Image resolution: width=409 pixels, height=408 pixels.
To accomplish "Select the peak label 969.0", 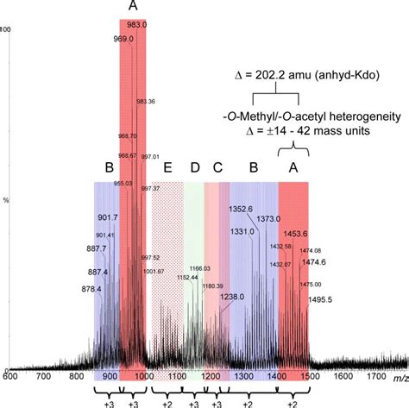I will coord(123,39).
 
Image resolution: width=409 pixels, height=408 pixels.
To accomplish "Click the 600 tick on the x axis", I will coord(11,376).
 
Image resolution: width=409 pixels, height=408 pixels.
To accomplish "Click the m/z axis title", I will coord(398,377).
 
